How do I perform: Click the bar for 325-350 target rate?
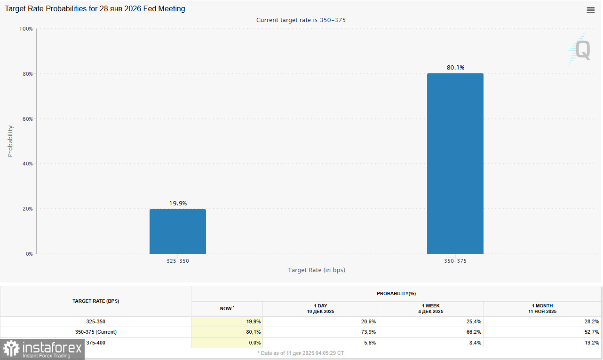178,231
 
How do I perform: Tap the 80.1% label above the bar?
455,68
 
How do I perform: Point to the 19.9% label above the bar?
178,203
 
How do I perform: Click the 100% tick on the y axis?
26,29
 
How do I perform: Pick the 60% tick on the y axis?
27,119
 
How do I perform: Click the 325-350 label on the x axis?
178,260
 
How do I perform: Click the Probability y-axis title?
10,141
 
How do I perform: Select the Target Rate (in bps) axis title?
317,270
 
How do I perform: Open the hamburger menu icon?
591,10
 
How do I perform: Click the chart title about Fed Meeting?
95,9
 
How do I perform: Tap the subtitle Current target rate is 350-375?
301,20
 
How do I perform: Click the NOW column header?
227,309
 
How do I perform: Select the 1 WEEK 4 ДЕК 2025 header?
430,309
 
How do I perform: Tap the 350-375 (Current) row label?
95,332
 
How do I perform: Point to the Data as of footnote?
301,352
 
